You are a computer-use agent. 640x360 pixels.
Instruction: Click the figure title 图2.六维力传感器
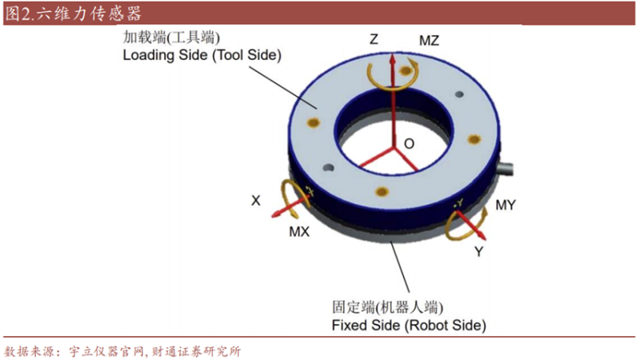coord(74,14)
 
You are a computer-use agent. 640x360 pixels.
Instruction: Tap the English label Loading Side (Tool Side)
coord(202,55)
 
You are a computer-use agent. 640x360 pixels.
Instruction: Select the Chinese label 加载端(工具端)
coord(171,38)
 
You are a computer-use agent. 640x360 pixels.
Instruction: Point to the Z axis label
coord(374,39)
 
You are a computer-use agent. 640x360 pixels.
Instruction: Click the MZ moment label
coord(429,41)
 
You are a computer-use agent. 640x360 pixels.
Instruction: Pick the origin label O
coord(409,144)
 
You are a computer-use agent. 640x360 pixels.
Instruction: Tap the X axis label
coord(255,201)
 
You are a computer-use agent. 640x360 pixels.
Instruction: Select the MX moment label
coord(299,232)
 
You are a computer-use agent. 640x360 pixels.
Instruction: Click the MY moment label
coord(506,205)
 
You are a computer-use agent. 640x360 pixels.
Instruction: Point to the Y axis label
coord(478,251)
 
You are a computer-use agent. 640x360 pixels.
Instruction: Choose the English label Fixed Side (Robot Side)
coord(409,326)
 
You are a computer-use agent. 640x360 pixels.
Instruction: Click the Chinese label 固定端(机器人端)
coord(388,307)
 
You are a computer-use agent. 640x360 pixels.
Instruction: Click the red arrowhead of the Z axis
coord(393,58)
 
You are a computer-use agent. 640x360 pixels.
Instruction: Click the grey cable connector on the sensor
coord(505,168)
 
